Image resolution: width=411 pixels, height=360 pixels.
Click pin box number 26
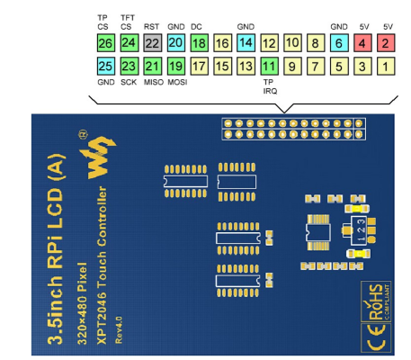105,42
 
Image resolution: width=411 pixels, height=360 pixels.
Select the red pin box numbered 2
385,42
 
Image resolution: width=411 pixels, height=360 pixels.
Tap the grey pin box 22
152,42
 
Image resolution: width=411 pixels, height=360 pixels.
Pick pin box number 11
269,66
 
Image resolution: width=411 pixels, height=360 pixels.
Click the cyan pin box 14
246,42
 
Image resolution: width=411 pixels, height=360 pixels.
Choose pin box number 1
385,66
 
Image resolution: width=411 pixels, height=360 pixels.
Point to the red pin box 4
362,42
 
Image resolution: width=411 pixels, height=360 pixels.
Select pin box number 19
175,66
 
